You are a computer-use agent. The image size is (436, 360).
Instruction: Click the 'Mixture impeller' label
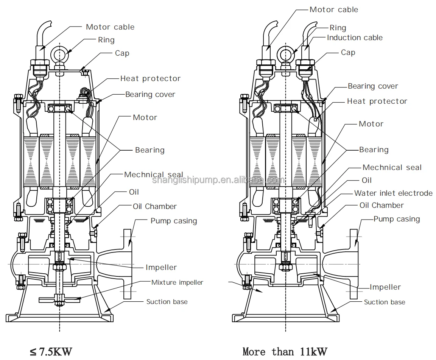(x=177, y=282)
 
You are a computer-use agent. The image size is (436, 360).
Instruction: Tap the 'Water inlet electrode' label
(x=393, y=193)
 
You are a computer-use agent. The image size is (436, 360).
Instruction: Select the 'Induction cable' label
(x=355, y=37)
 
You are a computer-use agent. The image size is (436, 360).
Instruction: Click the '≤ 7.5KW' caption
(x=51, y=352)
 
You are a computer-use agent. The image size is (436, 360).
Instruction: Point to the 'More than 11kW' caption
(x=285, y=352)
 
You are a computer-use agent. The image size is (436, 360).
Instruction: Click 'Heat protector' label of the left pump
(x=150, y=79)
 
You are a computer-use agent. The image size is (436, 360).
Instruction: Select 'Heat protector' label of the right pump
(x=377, y=101)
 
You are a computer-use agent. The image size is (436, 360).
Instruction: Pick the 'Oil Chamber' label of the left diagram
(x=154, y=206)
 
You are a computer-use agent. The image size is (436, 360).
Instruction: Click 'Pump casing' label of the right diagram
(x=397, y=219)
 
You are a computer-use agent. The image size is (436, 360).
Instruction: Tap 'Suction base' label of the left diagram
(x=167, y=302)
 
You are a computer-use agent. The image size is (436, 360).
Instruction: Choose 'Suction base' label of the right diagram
(x=384, y=302)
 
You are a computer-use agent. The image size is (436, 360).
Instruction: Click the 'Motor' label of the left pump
(x=145, y=117)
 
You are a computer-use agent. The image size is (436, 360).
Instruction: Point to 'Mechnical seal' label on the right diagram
(x=392, y=167)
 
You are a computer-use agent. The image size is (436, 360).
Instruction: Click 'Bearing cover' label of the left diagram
(x=150, y=94)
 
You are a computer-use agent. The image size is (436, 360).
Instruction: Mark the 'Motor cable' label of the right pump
(x=333, y=9)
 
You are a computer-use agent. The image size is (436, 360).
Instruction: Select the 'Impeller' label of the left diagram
(x=161, y=267)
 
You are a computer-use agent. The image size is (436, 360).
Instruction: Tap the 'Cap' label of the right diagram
(x=348, y=52)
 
